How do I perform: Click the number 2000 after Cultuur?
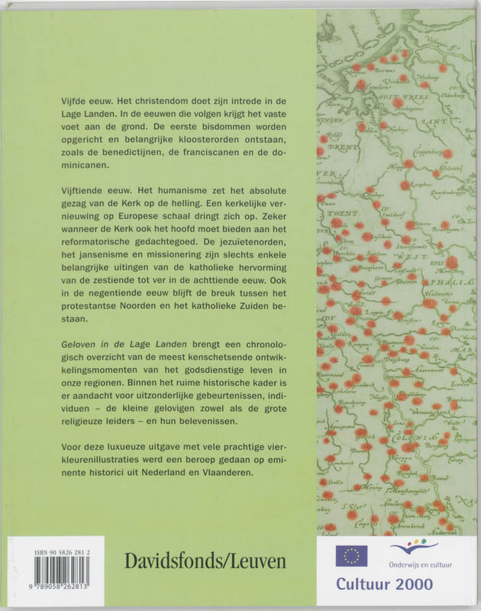pyautogui.click(x=437, y=587)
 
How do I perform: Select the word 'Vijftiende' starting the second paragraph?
pyautogui.click(x=84, y=188)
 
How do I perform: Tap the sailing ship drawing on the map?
pyautogui.click(x=328, y=31)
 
